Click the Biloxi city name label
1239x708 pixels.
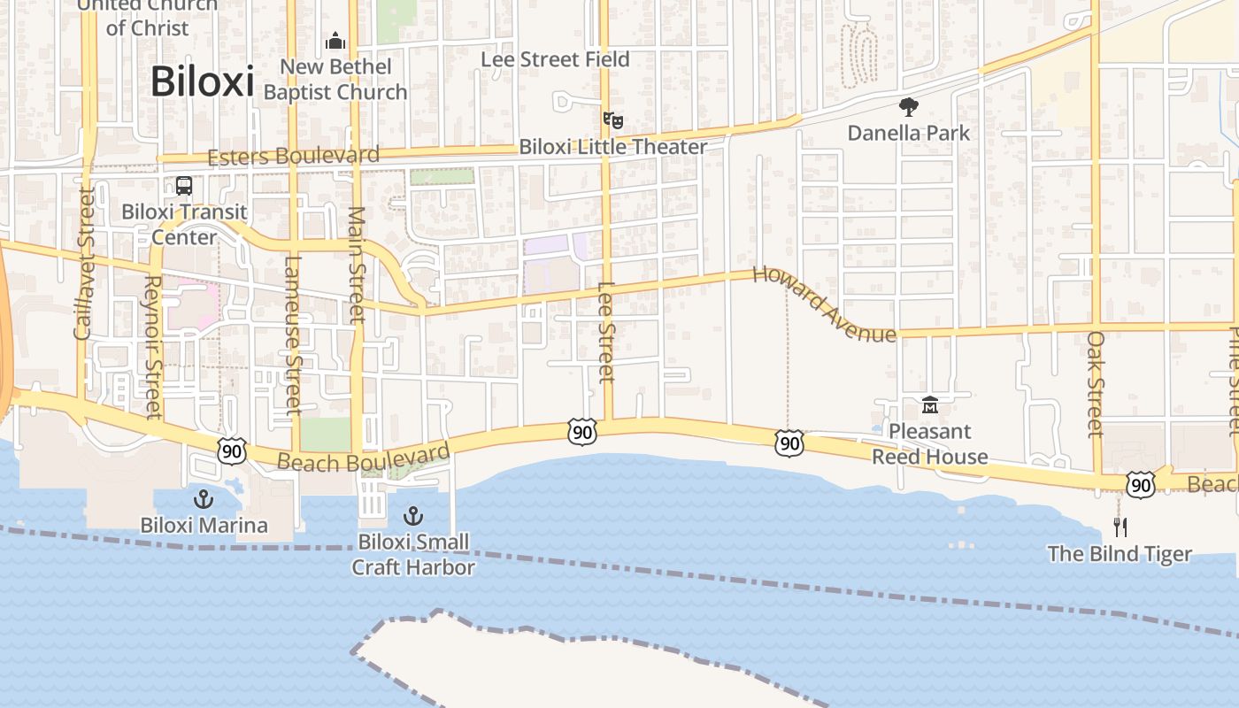coord(202,81)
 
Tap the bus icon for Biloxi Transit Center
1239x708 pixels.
coord(184,187)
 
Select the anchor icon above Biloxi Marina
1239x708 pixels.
coord(204,499)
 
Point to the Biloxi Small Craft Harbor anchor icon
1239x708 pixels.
coord(412,515)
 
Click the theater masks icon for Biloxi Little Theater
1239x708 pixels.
coord(612,119)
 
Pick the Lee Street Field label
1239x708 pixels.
coord(555,59)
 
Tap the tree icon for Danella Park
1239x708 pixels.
coord(908,108)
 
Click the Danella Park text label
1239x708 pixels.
coord(908,133)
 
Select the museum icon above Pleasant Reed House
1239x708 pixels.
coord(929,405)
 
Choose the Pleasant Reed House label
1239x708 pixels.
coord(929,444)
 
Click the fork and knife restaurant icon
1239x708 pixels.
coord(1120,527)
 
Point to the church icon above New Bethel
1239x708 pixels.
coord(335,41)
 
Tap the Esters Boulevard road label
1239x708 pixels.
coord(293,157)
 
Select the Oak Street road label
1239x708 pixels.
coord(1096,384)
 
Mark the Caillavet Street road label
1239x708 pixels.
coord(84,263)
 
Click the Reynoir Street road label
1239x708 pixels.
coord(152,346)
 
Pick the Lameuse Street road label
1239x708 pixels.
coord(294,335)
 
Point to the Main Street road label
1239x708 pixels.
coord(356,265)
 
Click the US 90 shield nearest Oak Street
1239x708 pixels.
coord(1141,484)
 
